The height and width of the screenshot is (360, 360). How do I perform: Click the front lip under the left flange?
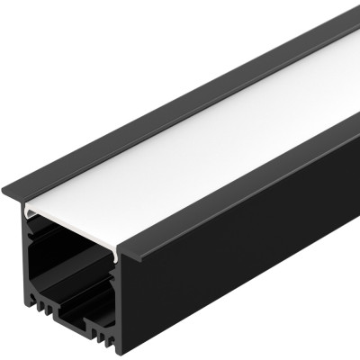[13, 198]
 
